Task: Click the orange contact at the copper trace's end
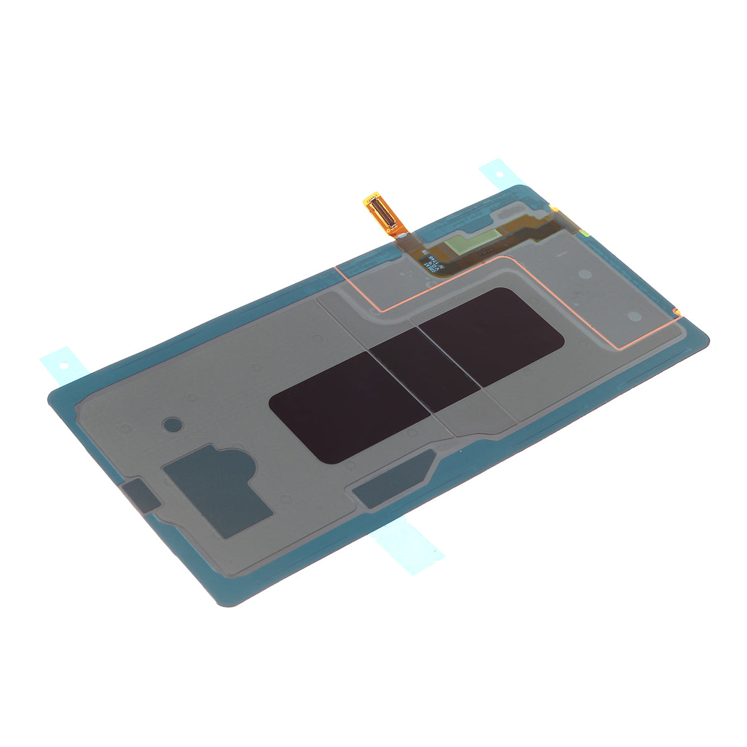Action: coord(676,309)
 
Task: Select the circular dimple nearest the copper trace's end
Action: coord(633,316)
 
